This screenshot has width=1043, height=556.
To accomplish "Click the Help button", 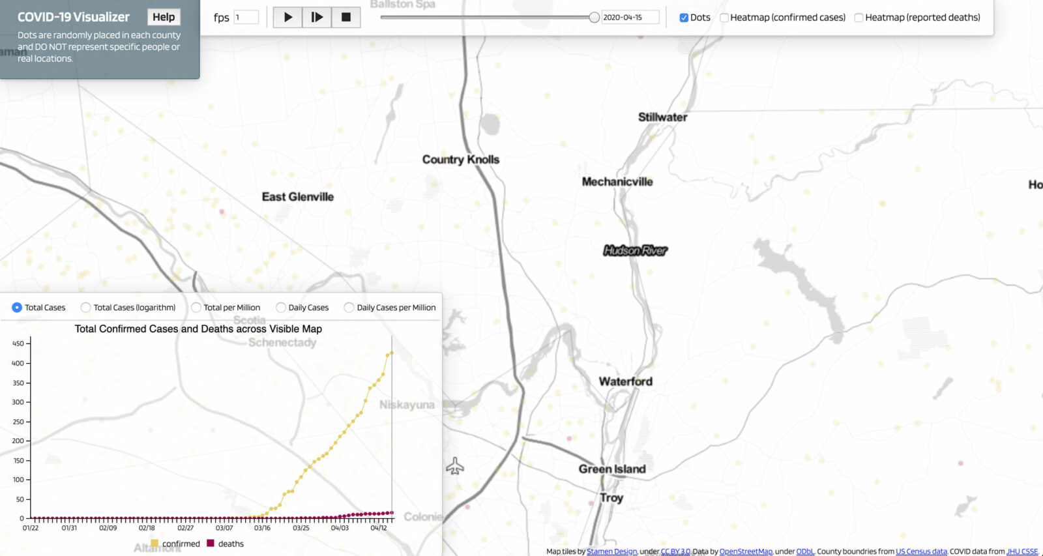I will pos(164,17).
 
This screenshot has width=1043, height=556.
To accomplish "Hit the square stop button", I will pos(346,17).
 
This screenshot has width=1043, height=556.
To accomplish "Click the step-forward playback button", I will pos(317,17).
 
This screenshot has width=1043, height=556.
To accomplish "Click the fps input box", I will pos(246,18).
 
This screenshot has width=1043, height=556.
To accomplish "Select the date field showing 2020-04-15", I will pos(629,18).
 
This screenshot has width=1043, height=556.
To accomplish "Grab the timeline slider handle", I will pos(594,18).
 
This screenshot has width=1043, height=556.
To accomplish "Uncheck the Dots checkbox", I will pos(684,18).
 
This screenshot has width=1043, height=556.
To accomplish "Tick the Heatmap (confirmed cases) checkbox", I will pos(724,18).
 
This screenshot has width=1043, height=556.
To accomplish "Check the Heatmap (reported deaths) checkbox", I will pos(859,18).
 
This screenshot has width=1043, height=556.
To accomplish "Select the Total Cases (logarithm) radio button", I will pos(85,308).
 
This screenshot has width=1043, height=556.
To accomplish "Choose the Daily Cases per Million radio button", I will pos(349,308).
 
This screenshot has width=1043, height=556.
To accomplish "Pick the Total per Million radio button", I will pos(196,308).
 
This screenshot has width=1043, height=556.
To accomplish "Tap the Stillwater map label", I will pos(662,117).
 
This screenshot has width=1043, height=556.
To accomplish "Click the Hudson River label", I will pos(635,250).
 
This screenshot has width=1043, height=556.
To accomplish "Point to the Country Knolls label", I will pos(460,160).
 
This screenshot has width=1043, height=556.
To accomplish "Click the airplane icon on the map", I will pos(455,466).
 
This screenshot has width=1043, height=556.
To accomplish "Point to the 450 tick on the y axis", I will pos(18,344).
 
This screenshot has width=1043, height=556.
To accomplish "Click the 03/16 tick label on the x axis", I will pos(262,528).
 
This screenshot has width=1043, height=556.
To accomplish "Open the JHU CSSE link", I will pos(1022,551).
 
